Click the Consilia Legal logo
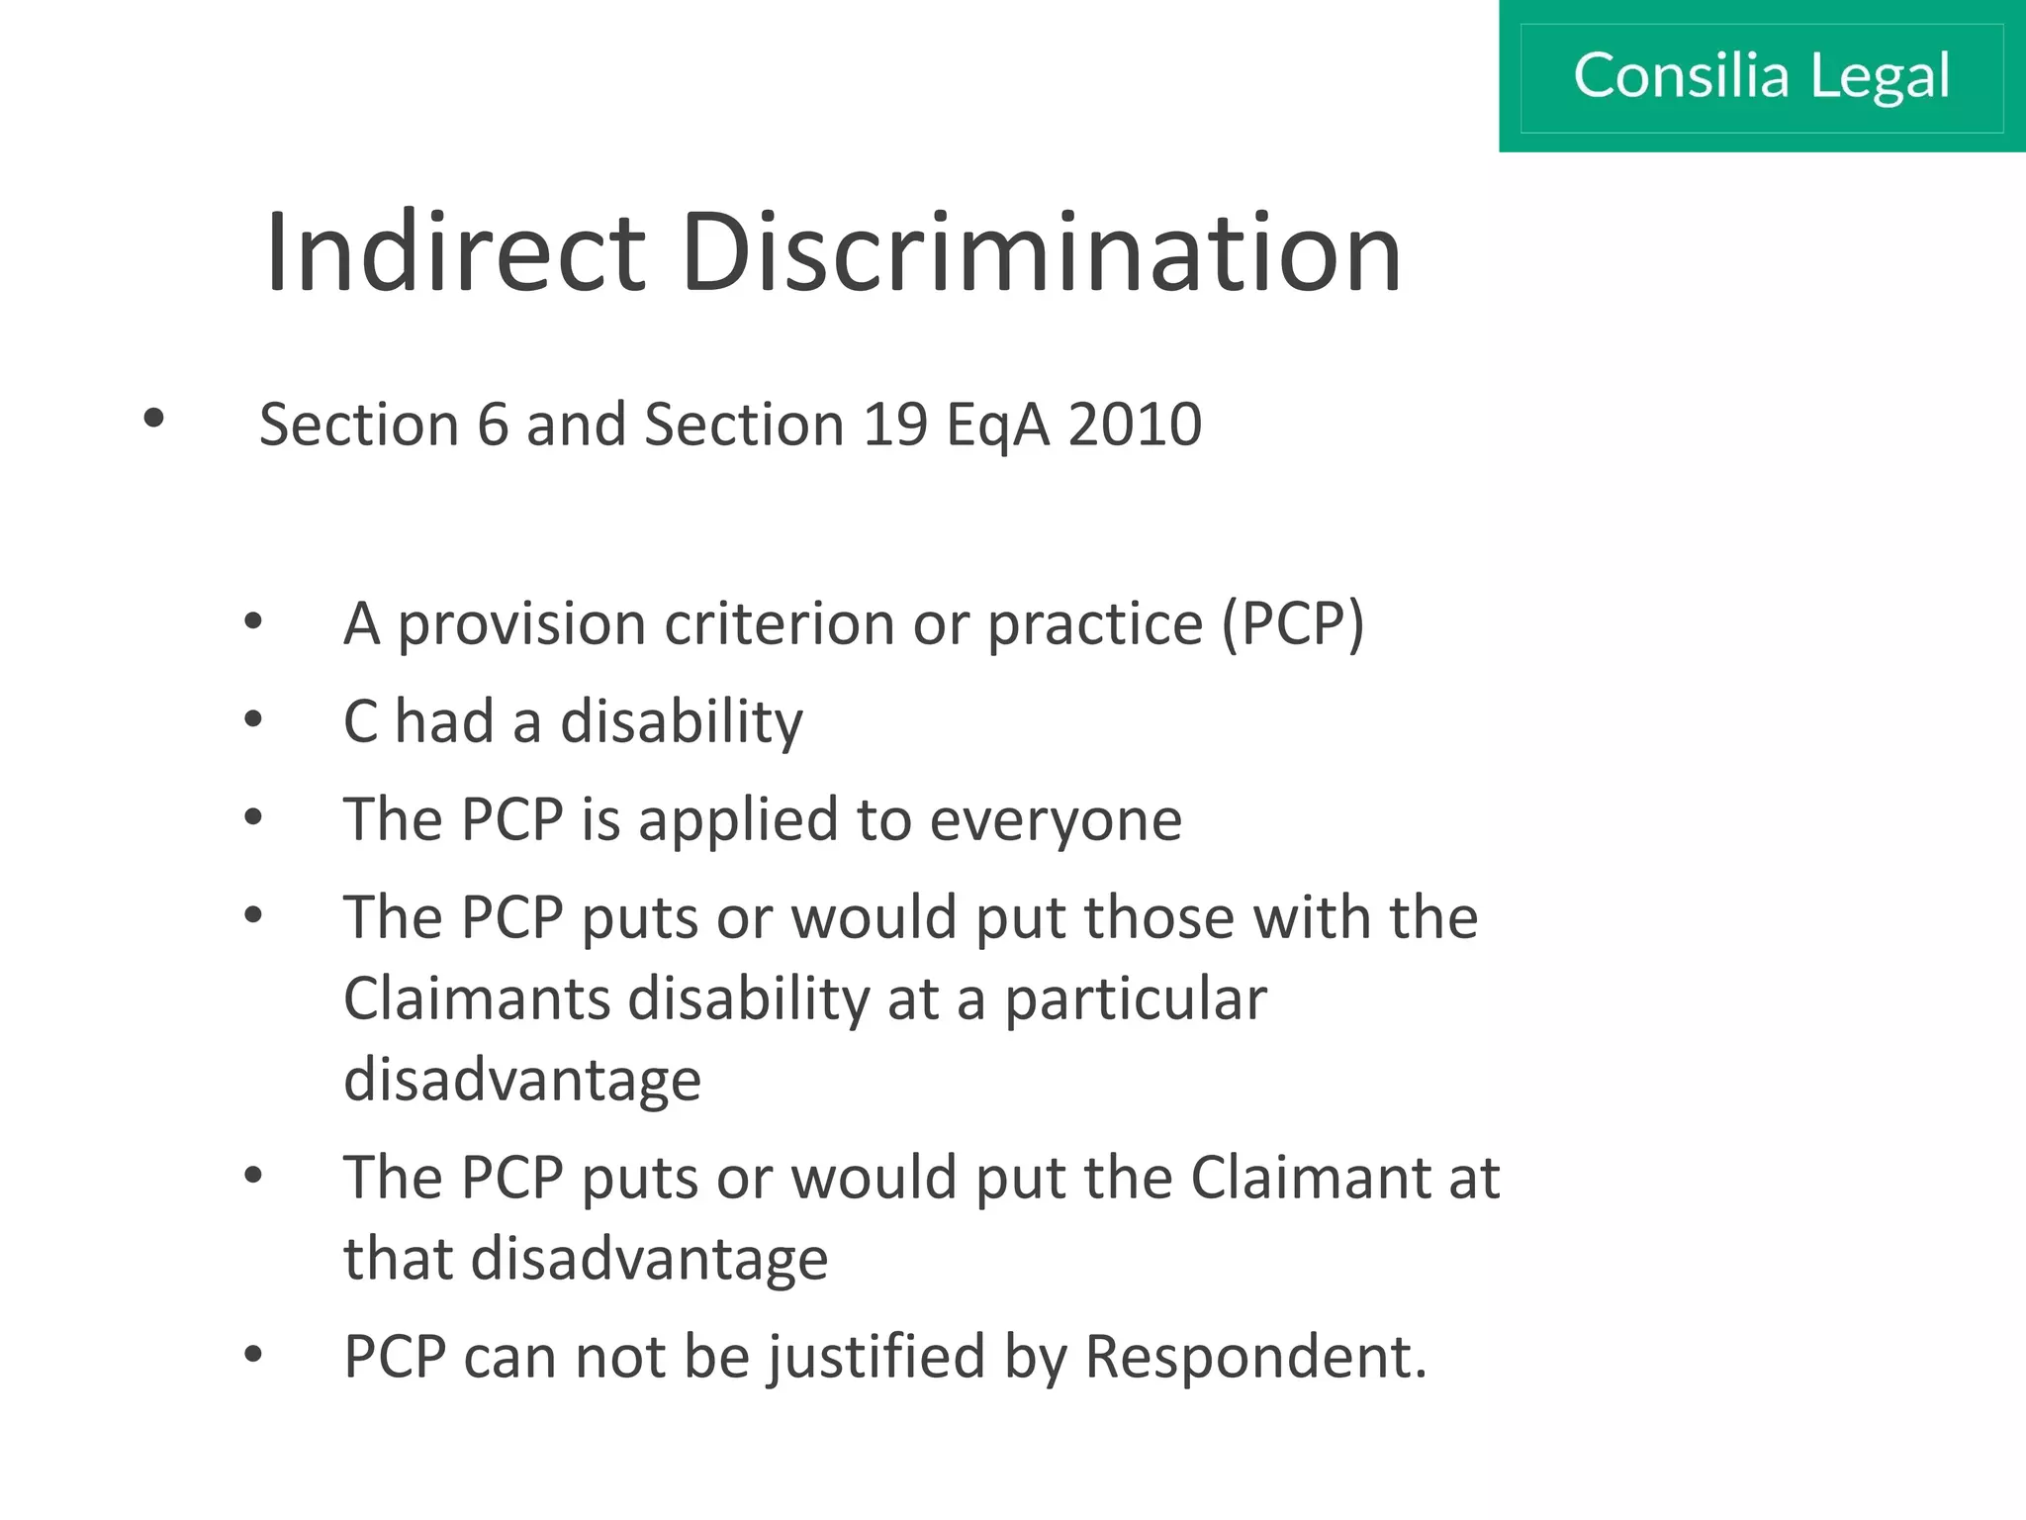click(x=1761, y=76)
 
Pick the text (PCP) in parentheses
click(x=1293, y=624)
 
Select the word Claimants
click(x=477, y=997)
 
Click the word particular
click(x=1136, y=999)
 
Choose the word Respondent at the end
click(x=1254, y=1357)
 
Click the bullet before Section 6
click(x=153, y=419)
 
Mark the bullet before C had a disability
click(x=253, y=719)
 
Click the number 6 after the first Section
click(x=492, y=425)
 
